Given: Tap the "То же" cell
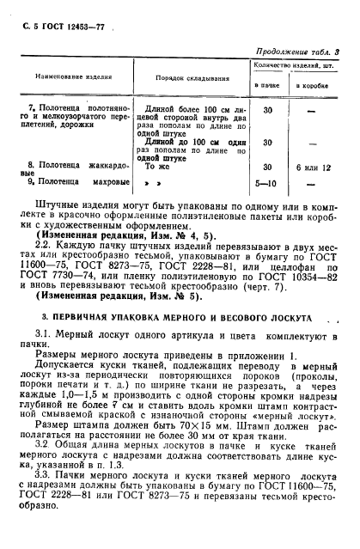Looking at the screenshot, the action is point(153,168).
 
